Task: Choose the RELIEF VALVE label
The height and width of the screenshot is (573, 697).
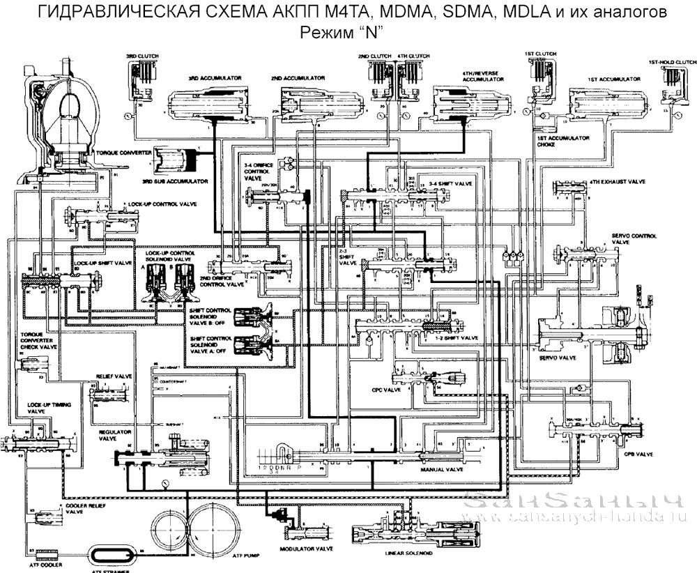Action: pos(114,375)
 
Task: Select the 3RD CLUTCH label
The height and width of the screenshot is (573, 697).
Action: pos(139,55)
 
